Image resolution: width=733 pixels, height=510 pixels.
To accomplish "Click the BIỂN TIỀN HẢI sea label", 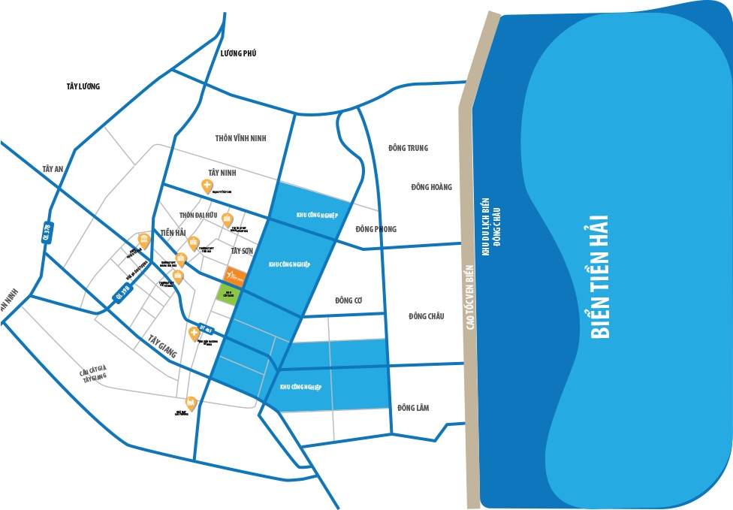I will coord(599,277).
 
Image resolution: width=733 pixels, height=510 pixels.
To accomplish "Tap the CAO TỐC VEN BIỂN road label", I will coord(470,301).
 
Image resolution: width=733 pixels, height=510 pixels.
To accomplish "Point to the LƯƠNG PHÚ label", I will coord(239,53).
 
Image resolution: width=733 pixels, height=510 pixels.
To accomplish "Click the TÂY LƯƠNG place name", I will coord(83,86).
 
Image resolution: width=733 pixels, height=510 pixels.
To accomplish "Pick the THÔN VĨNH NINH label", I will coord(240,138).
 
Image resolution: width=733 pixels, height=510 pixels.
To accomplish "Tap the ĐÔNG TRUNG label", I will coord(408,148).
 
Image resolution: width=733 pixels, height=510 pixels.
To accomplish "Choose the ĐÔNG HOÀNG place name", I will coord(431,187).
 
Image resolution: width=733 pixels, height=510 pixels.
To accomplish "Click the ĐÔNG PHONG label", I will coord(376,229).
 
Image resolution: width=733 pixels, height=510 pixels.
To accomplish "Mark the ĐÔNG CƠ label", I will coord(349,300).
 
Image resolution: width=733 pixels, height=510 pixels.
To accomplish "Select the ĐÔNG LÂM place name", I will coord(413,408).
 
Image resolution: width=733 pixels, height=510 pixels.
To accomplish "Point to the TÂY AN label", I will coord(53,169).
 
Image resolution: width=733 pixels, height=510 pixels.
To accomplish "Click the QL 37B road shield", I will coord(47,232).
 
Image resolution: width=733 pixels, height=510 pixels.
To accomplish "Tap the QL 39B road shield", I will coord(123,292).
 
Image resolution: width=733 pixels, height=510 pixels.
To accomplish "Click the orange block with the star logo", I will coord(235,276).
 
